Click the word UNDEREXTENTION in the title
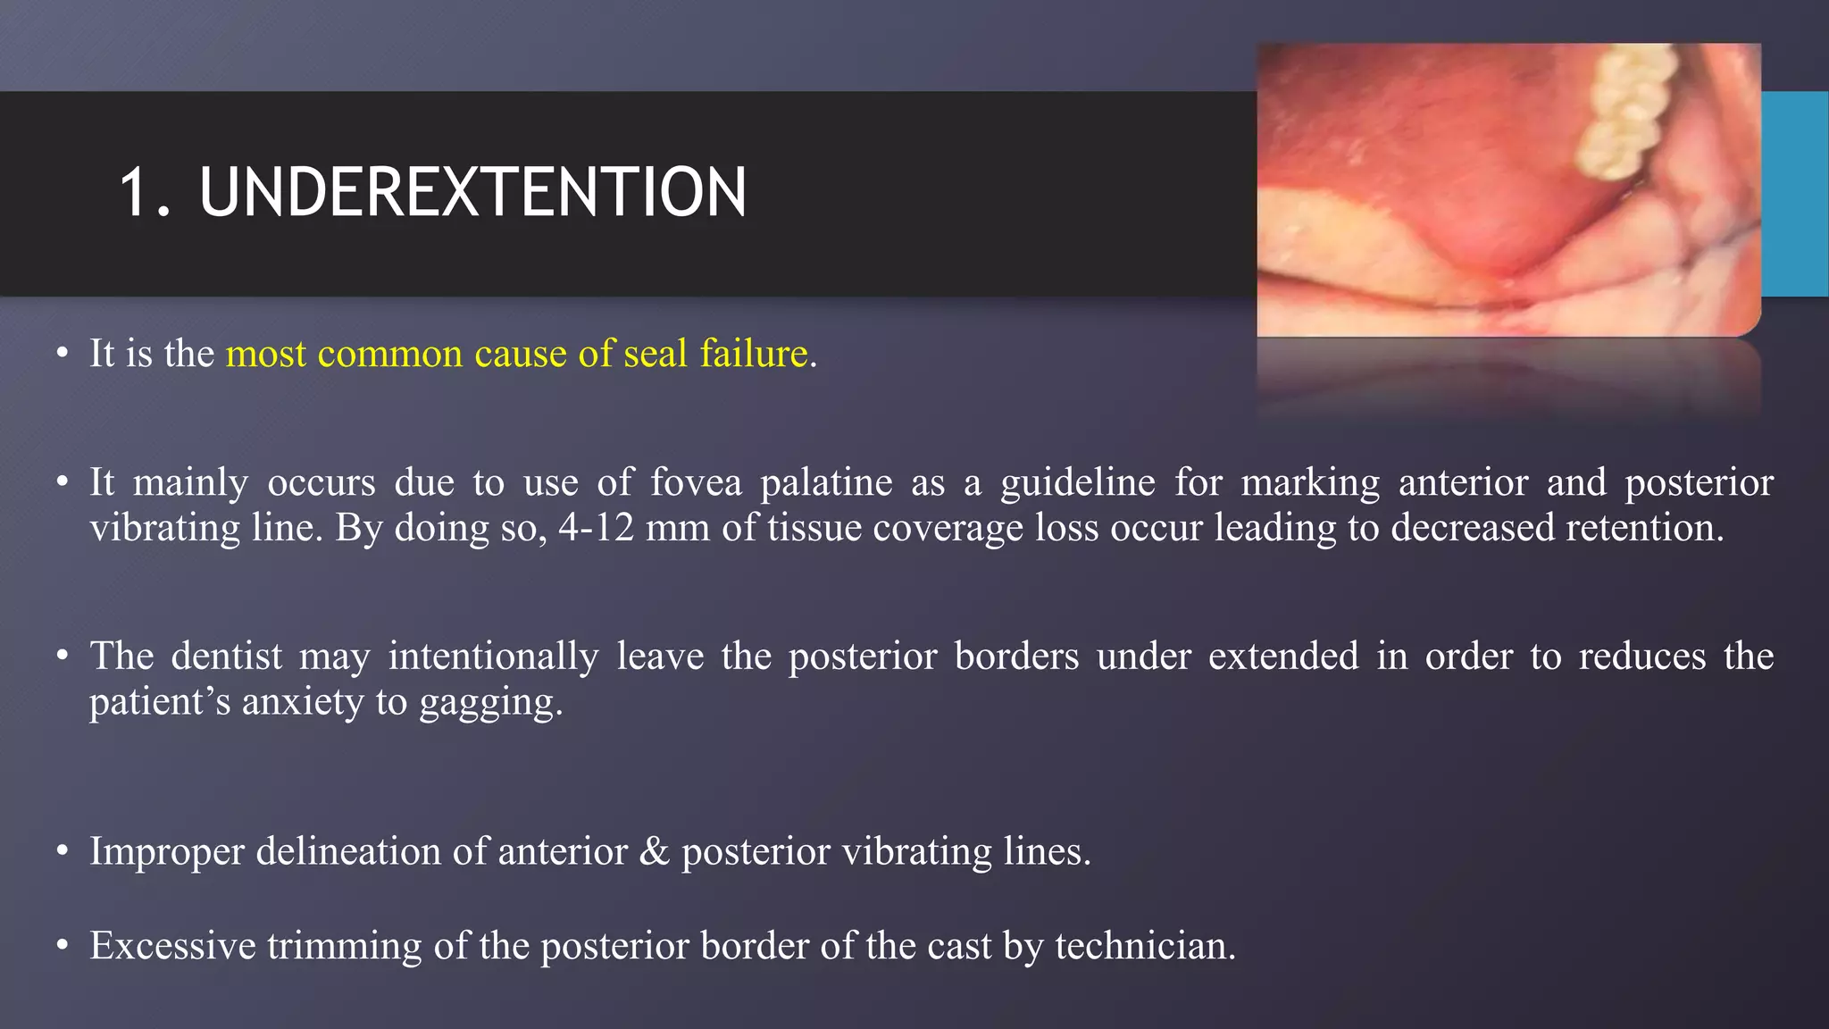click(x=472, y=192)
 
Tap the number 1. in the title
click(x=145, y=192)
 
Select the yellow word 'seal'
click(x=656, y=354)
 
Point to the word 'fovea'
click(x=696, y=482)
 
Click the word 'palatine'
click(x=826, y=482)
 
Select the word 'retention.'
click(x=1645, y=527)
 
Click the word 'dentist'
click(x=226, y=656)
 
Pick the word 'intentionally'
click(x=493, y=656)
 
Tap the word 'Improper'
click(x=167, y=851)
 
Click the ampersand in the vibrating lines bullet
click(x=655, y=851)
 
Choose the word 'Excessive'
click(x=172, y=945)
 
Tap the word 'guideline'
click(x=1077, y=482)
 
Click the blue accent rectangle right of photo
click(x=1794, y=193)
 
